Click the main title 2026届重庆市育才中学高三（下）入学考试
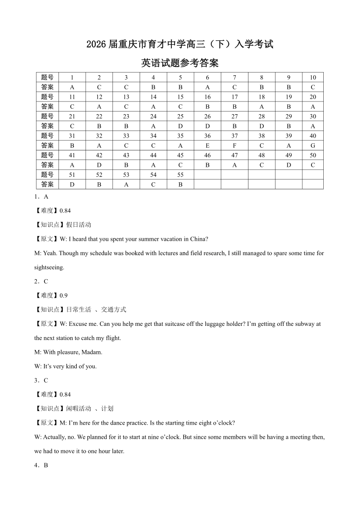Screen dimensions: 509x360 coord(180,44)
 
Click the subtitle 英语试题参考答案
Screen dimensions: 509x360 coord(180,63)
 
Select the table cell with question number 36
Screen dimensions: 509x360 coord(207,136)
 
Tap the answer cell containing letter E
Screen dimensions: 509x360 coord(207,145)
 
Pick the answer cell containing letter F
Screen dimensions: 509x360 coord(234,145)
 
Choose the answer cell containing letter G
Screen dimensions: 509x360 coord(313,145)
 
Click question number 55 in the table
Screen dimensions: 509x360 coord(180,175)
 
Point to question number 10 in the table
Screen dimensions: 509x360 coord(313,78)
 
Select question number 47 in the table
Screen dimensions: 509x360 coord(234,155)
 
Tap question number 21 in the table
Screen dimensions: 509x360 coord(72,116)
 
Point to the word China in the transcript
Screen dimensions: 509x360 coord(198,239)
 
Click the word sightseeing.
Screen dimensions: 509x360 coord(49,267)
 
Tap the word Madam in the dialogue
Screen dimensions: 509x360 coord(93,352)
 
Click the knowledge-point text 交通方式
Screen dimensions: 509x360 coord(113,310)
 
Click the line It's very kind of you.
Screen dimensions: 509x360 coord(65,366)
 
